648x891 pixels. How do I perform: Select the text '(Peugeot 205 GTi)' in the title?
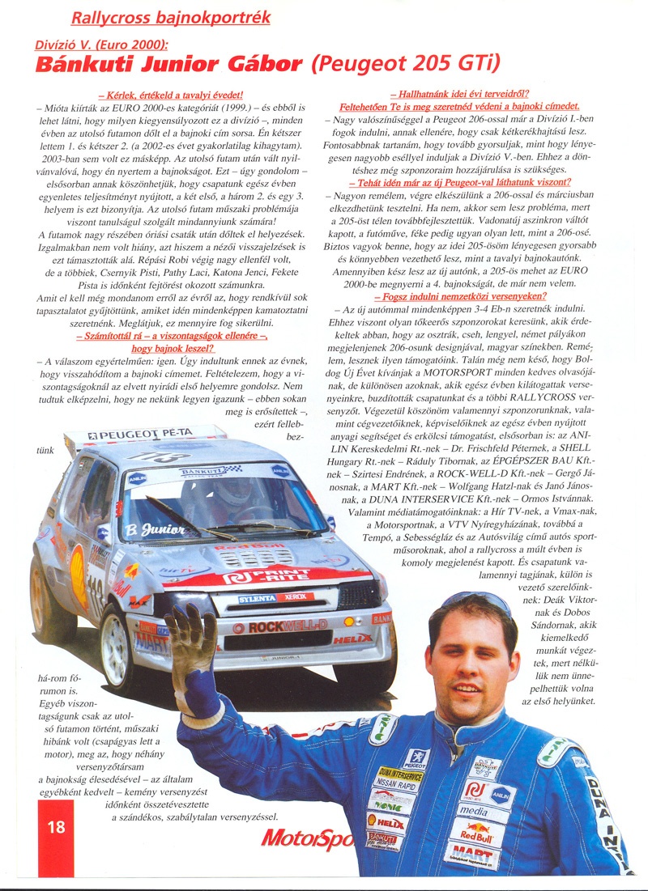click(406, 63)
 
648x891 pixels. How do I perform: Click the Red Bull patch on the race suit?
click(475, 834)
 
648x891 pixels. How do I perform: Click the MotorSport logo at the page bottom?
click(308, 838)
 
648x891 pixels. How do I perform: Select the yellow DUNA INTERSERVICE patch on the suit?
click(399, 779)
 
